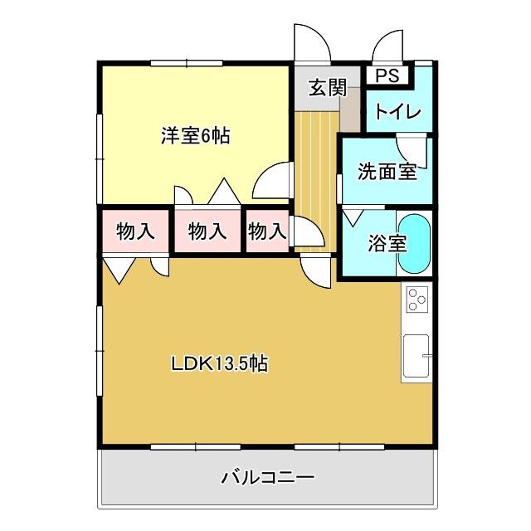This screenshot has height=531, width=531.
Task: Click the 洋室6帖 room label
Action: point(195,136)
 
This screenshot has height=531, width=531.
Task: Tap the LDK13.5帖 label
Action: point(219,363)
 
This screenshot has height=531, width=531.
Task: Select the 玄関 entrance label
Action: point(328,88)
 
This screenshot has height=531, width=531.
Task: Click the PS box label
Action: point(387,76)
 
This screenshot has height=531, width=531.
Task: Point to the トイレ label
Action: point(397,112)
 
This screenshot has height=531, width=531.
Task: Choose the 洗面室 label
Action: point(387,172)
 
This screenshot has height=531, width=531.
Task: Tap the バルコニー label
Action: point(267,478)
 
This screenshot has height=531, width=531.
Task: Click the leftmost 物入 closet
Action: point(135,231)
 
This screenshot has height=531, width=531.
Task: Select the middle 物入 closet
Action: point(207,231)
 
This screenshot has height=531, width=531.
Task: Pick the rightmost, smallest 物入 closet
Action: point(266,231)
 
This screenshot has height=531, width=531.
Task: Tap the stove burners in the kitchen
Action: point(417,298)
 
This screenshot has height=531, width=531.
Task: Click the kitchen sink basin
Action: point(416,355)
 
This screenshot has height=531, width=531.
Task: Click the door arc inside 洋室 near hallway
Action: point(272,182)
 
